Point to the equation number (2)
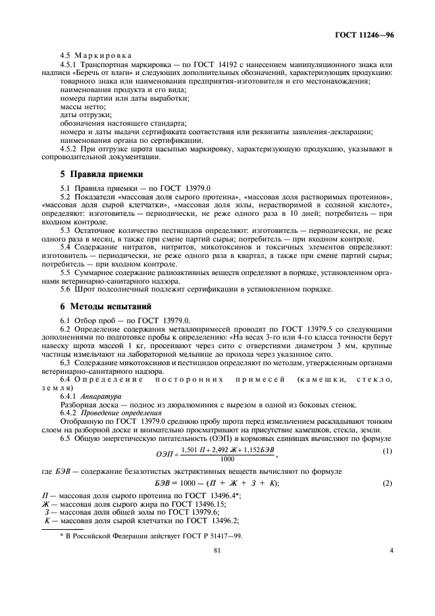point(388,483)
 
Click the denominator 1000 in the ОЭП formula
point(228,459)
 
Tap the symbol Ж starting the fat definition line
point(45,502)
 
